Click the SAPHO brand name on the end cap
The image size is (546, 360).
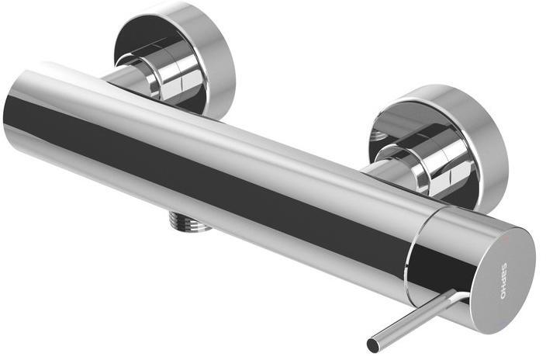click(504, 281)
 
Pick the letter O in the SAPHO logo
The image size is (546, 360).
click(503, 296)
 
